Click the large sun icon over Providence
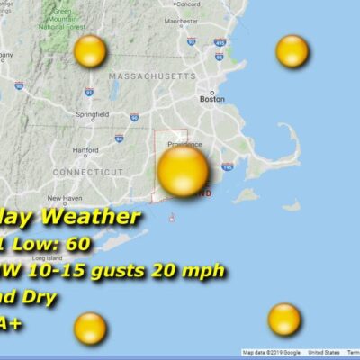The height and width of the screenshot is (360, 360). click(183, 171)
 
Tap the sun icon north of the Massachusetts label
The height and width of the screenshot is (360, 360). click(90, 51)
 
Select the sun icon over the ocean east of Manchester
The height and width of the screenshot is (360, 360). click(292, 51)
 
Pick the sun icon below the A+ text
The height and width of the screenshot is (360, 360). click(90, 328)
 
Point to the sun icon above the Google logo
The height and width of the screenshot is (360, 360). click(284, 318)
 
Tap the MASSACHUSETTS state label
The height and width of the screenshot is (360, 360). click(152, 77)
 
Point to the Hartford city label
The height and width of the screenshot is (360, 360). click(85, 149)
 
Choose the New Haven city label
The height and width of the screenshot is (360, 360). click(65, 198)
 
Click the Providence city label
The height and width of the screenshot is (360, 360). click(184, 143)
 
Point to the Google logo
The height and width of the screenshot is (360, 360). click(288, 353)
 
